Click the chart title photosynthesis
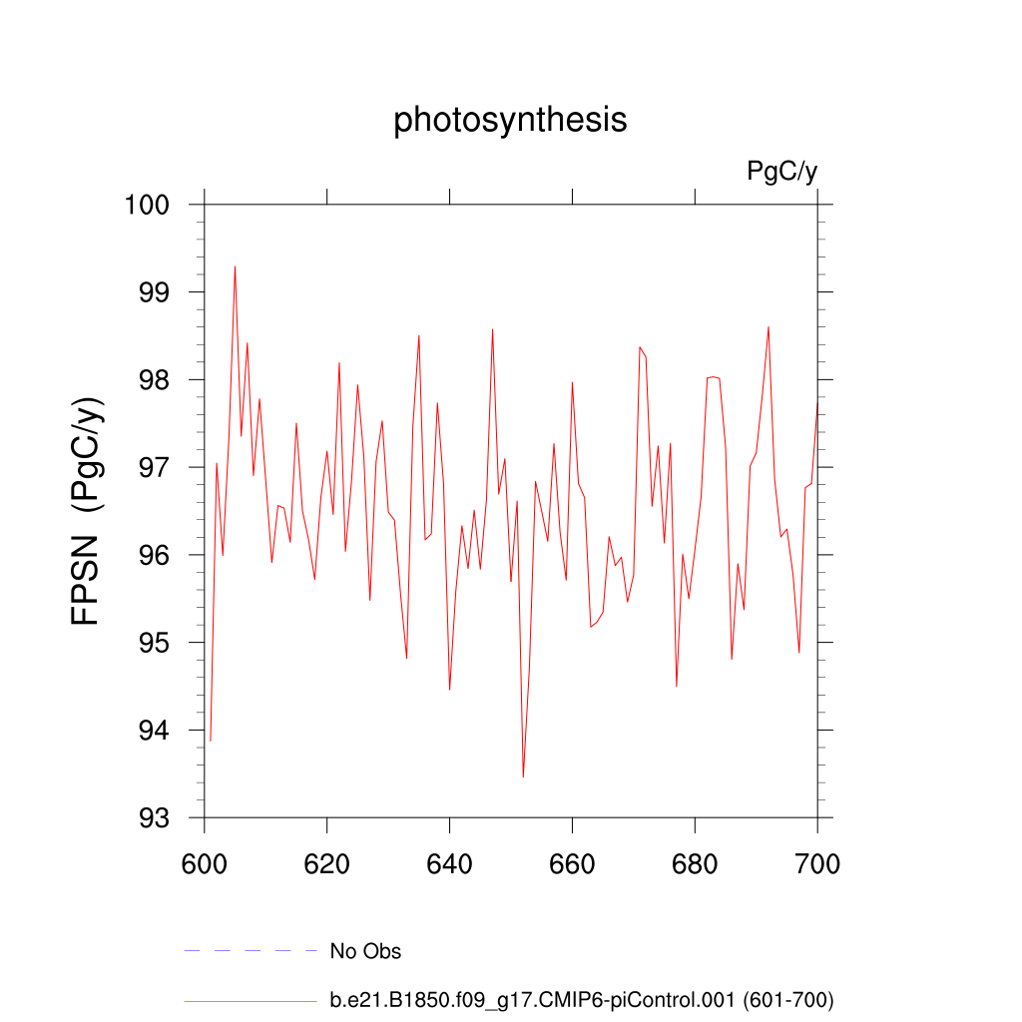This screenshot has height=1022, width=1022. [x=510, y=120]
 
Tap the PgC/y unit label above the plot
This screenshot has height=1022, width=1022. [x=781, y=172]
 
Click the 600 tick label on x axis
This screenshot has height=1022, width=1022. [x=204, y=863]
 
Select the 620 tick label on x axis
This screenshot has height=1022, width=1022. [x=326, y=863]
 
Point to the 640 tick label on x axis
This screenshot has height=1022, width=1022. [x=449, y=863]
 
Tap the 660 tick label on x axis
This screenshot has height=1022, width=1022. [x=572, y=863]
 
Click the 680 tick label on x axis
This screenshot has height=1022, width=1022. [x=695, y=863]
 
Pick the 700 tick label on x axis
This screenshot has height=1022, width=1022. [x=817, y=863]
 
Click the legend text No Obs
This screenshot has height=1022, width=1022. [x=365, y=951]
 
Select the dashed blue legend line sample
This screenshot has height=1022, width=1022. [x=250, y=951]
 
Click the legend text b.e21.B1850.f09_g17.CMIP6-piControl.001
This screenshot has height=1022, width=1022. [x=539, y=999]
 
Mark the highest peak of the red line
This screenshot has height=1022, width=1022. [x=235, y=266]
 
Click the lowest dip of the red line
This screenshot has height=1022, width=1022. [x=523, y=776]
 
